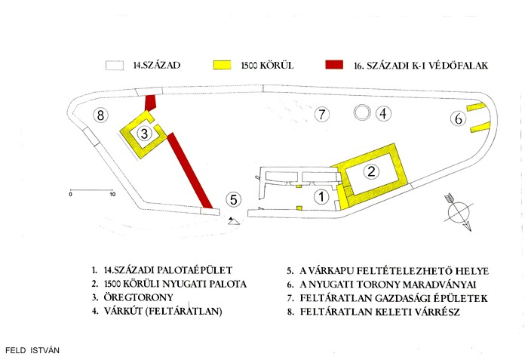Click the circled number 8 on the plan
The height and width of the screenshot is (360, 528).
100,115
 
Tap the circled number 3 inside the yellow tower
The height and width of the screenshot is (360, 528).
144,134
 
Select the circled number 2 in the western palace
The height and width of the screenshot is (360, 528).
371,171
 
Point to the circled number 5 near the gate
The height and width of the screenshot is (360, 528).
233,199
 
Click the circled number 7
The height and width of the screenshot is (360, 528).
322,114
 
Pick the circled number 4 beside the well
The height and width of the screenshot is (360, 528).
383,114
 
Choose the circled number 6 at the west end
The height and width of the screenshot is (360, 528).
459,118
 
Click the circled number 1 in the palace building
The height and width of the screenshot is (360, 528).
321,196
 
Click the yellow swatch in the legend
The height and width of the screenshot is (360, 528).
223,65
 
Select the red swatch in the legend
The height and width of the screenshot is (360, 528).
334,65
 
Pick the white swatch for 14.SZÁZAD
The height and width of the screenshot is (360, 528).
115,66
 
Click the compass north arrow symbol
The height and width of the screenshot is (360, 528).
459,212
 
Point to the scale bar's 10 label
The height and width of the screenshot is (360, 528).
112,195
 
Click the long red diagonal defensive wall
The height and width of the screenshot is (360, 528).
189,171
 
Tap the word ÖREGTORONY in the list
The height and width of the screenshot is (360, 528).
138,297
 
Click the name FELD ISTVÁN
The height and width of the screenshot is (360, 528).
32,350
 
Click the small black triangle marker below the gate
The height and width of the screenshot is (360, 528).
233,221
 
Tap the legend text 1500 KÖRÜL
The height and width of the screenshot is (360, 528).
267,65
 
